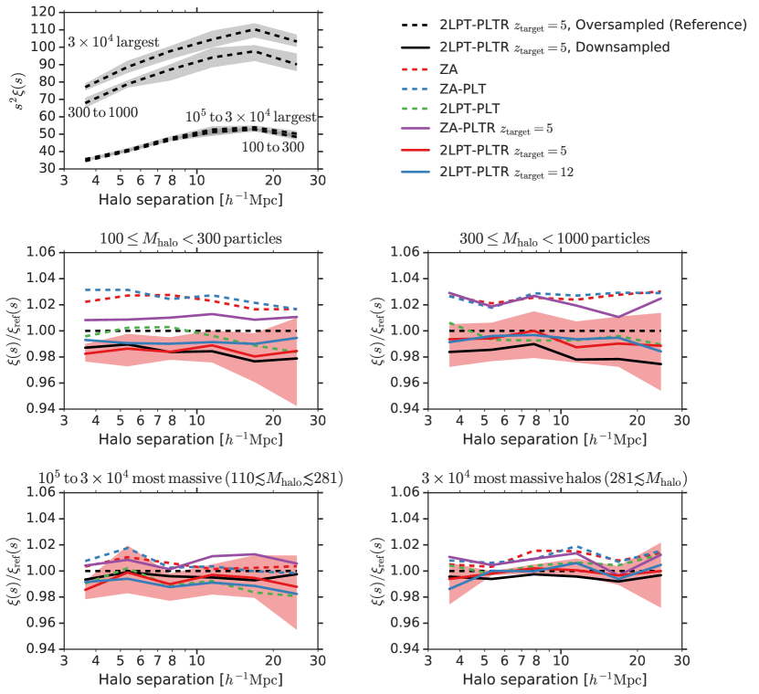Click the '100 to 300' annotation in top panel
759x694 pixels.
(267, 144)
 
